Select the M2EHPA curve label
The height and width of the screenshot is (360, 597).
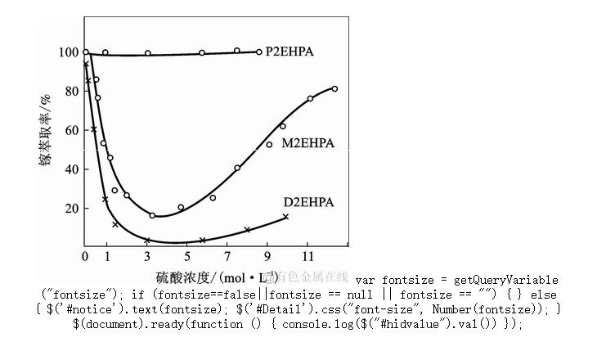[x=308, y=143]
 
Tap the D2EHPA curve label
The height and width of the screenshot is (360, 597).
[x=309, y=202]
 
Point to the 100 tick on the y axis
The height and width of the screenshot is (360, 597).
[x=69, y=52]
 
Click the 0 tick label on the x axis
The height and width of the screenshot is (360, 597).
[x=85, y=256]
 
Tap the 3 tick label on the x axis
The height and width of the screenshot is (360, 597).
[x=147, y=256]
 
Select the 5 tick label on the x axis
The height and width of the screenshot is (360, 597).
[x=187, y=256]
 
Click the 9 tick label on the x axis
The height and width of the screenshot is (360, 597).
[x=267, y=256]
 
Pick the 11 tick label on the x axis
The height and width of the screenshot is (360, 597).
[x=307, y=256]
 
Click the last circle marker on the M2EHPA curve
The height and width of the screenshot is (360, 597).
[x=334, y=88]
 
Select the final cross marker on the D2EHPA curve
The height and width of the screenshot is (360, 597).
[x=285, y=217]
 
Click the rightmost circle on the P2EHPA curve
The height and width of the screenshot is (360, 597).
[x=259, y=52]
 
